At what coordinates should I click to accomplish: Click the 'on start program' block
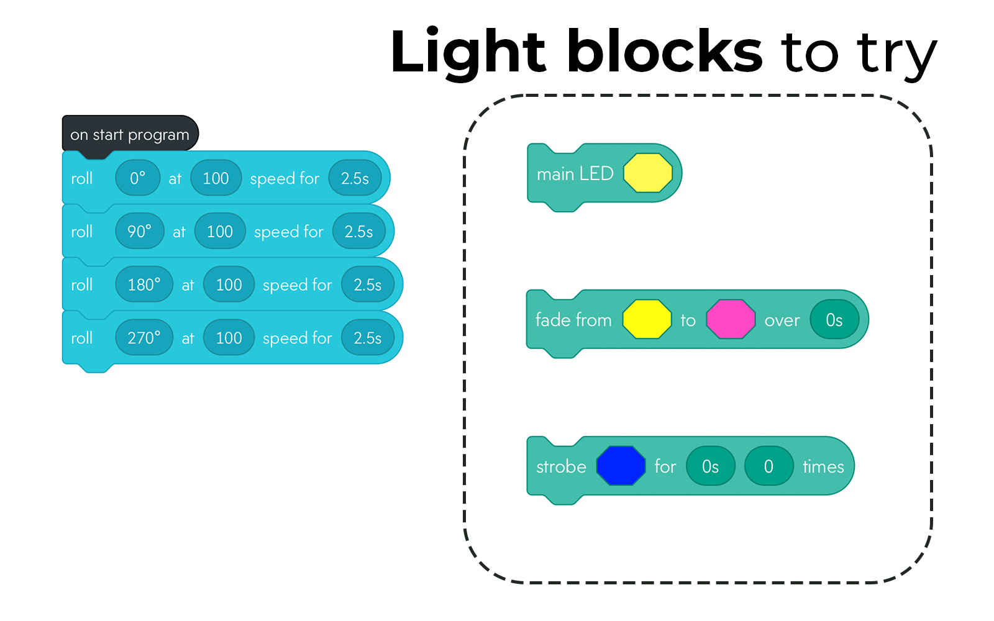coord(129,134)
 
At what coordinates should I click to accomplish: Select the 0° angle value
coord(138,178)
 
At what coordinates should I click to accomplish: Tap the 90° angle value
coord(140,232)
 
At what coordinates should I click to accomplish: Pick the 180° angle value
coord(144,285)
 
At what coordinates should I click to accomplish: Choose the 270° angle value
coord(144,338)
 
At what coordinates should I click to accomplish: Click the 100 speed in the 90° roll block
coord(220,232)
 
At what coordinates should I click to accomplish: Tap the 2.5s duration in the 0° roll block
coord(355,178)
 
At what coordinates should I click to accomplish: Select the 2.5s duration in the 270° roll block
coord(368,338)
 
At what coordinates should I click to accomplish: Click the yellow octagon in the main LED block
coord(648,173)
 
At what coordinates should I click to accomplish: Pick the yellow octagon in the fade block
coord(647,320)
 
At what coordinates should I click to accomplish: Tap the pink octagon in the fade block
coord(731,320)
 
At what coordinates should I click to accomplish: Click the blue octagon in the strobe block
coord(621,466)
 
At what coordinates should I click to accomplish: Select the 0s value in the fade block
coord(834,320)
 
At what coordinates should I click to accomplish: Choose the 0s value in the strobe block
coord(710,466)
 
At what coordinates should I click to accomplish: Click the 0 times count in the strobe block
coord(768,466)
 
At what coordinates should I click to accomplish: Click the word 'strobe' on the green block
coord(561,466)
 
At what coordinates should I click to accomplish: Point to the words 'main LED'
coord(575,174)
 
